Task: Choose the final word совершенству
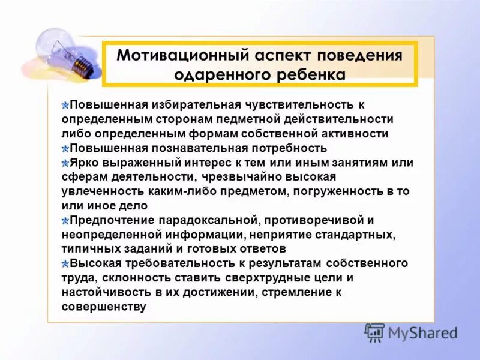pyautogui.click(x=104, y=306)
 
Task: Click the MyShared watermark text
pyautogui.click(x=423, y=332)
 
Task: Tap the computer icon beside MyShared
pyautogui.click(x=374, y=332)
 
